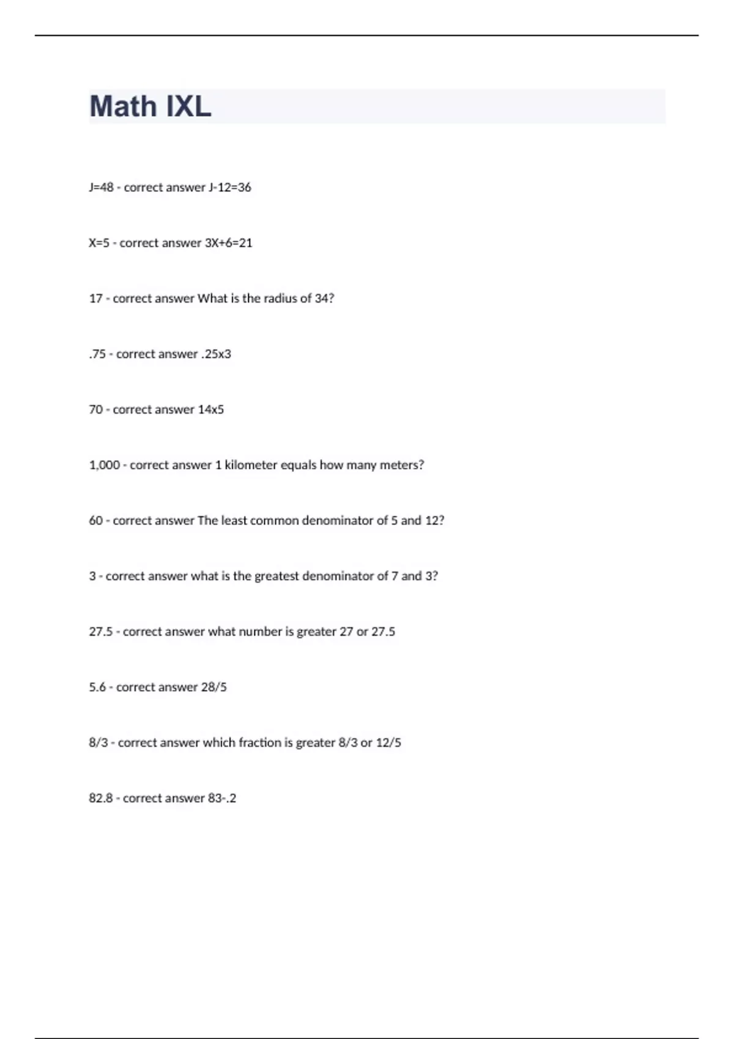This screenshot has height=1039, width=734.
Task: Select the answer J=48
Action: [x=101, y=188]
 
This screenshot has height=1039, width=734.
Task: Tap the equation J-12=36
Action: [x=230, y=188]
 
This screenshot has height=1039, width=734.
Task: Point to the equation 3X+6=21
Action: [x=228, y=243]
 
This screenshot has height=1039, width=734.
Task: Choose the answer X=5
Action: [x=99, y=243]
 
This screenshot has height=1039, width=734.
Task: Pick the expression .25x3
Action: [x=216, y=354]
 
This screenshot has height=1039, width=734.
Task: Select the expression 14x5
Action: [x=210, y=409]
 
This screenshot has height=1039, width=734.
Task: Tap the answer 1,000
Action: [x=104, y=465]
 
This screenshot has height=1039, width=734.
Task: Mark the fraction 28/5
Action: [x=213, y=688]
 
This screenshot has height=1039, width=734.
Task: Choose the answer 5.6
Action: [x=97, y=688]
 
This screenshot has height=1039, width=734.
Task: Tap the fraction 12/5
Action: [x=388, y=743]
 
